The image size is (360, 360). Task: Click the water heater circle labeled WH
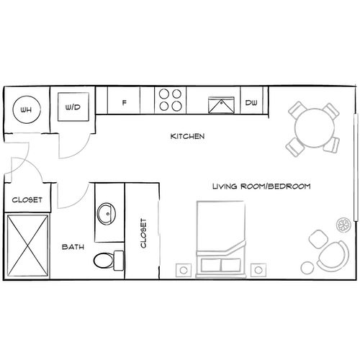(x=26, y=109)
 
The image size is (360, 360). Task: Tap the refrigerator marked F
(x=125, y=103)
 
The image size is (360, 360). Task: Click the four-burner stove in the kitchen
(x=171, y=101)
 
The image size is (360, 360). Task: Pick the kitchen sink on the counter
(x=220, y=106)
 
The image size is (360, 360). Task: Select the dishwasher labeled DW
(x=251, y=103)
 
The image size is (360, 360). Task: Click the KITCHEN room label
(x=188, y=135)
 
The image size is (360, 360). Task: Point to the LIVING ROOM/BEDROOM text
(x=261, y=186)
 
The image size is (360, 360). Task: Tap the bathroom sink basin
(x=107, y=213)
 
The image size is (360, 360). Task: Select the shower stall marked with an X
(x=29, y=245)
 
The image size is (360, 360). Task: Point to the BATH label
(x=73, y=246)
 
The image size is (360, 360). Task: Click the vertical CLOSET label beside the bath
(x=144, y=233)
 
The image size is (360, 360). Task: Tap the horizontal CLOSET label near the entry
(x=27, y=199)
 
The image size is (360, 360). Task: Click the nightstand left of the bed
(x=183, y=271)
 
